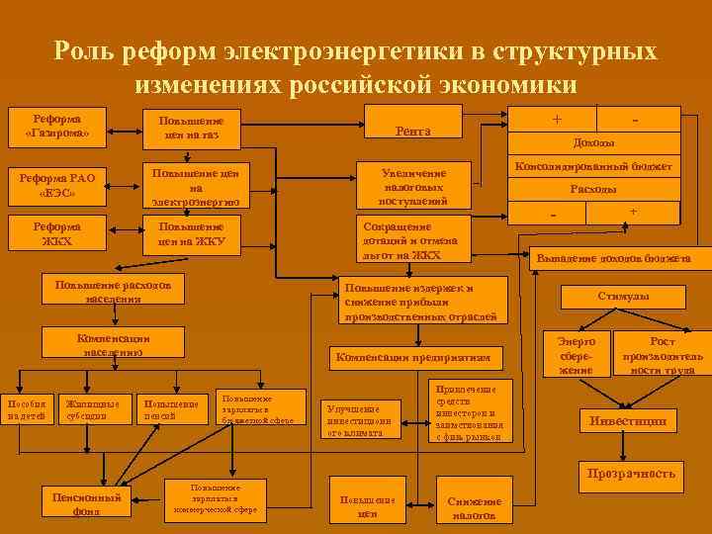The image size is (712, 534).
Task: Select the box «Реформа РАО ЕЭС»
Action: coord(56,185)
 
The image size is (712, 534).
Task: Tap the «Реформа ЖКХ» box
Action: coord(56,233)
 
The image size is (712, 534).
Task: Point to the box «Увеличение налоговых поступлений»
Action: coord(413,186)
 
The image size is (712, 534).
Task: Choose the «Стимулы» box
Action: coord(623,297)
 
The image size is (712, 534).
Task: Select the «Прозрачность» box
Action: coord(630,475)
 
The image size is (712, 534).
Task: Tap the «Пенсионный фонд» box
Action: coord(85,503)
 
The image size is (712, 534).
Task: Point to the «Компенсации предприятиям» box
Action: coord(412,358)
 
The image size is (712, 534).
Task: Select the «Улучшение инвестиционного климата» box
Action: coord(363,420)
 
